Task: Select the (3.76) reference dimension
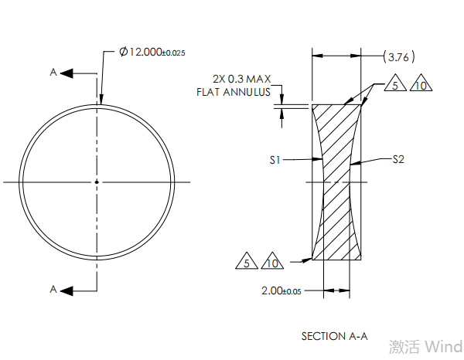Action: point(400,56)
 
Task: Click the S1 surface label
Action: point(275,160)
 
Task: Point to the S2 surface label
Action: point(398,160)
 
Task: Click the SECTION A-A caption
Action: point(334,336)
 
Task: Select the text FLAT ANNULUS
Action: point(234,93)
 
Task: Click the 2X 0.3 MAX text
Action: point(241,79)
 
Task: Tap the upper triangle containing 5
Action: point(394,84)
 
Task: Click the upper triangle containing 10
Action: point(420,84)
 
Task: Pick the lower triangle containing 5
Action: point(247,263)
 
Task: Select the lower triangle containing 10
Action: point(272,263)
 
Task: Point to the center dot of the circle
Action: point(97,182)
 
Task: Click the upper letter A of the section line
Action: point(53,73)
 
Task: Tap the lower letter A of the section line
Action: point(53,290)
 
